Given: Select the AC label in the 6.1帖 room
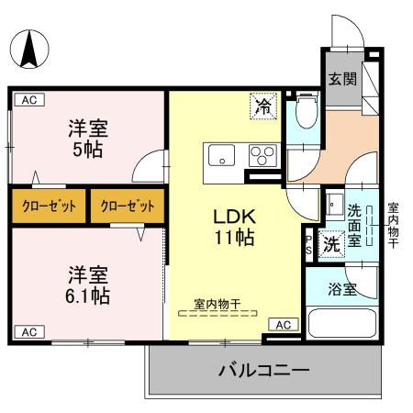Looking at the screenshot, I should (x=28, y=331).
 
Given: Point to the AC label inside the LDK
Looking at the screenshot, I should (x=284, y=324).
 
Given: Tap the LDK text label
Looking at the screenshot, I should (x=234, y=218).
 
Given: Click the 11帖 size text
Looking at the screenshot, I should (x=234, y=237).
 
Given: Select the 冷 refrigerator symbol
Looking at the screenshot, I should (x=262, y=106).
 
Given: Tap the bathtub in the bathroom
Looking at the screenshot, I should (x=341, y=323).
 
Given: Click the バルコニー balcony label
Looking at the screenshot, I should (x=262, y=372).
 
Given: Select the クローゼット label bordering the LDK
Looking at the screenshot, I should (x=128, y=206).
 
